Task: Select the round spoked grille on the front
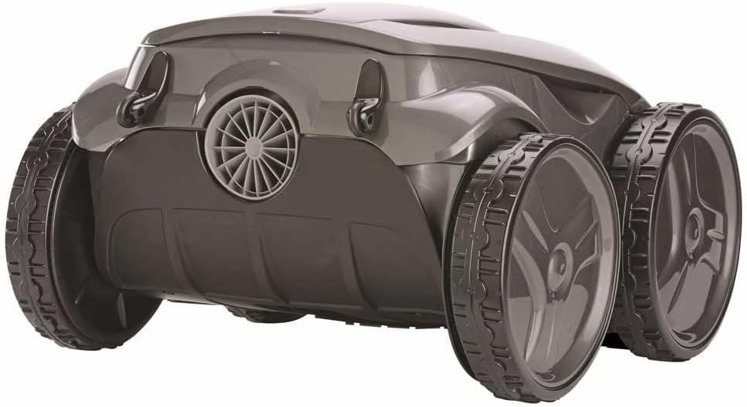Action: coord(252,147)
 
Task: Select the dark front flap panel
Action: coord(255,247)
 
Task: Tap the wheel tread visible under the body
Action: coord(255,313)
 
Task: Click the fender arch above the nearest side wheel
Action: coord(494,131)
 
